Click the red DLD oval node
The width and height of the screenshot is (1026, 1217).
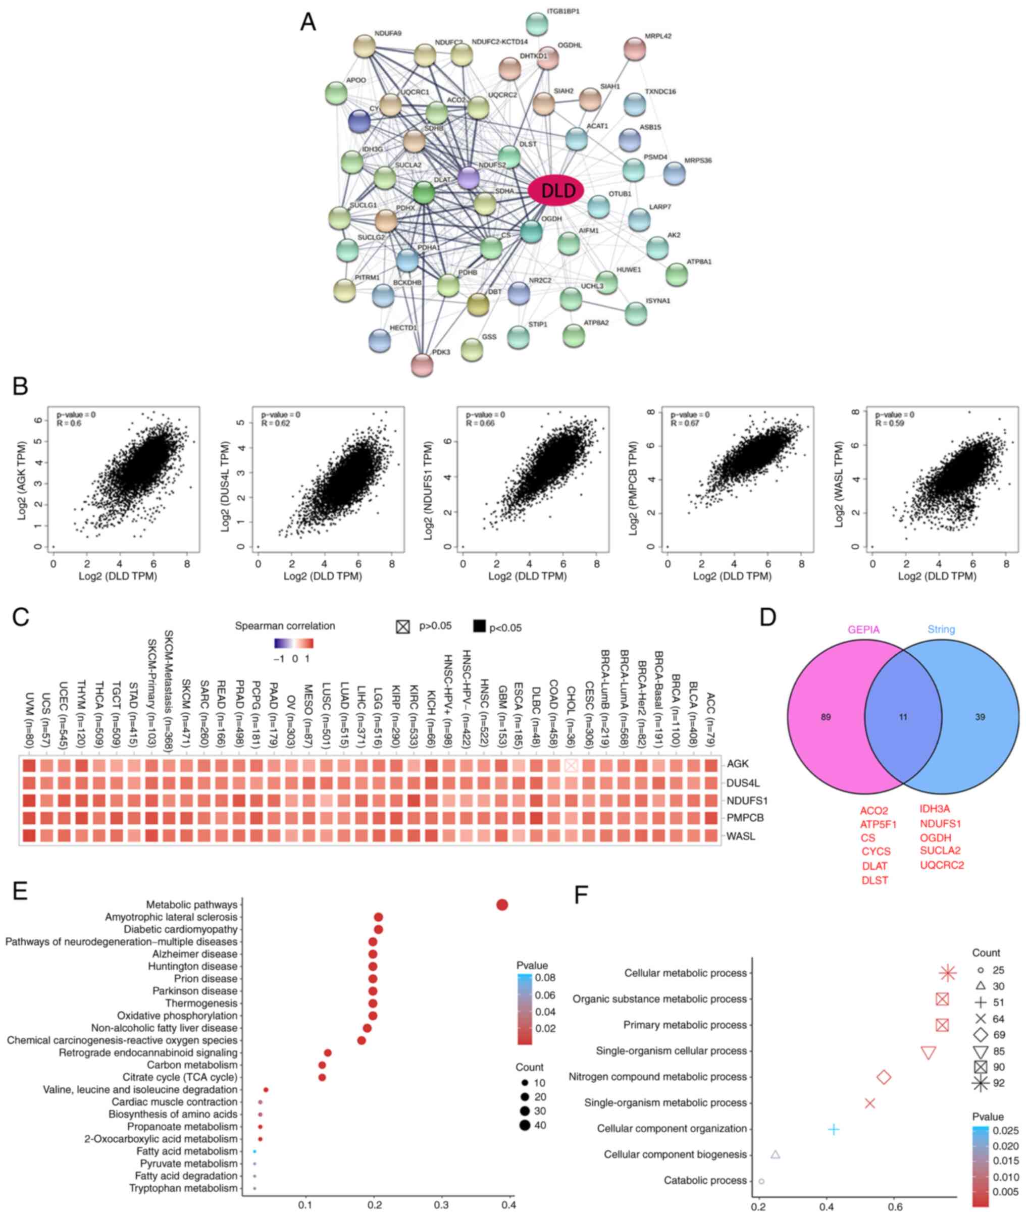tap(555, 190)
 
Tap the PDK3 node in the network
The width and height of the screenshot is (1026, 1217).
tap(422, 364)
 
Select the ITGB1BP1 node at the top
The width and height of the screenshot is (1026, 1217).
tap(537, 24)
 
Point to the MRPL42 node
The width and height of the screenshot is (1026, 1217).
tap(635, 49)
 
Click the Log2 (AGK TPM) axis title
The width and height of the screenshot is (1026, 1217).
tap(23, 480)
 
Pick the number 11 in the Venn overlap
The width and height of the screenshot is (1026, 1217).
tap(903, 717)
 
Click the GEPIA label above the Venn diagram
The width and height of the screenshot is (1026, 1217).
tap(864, 629)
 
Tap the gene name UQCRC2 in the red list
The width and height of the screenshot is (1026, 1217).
tap(942, 865)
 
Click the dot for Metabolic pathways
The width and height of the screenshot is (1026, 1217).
tap(502, 905)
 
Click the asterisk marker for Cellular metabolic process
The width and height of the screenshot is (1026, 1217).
tap(948, 973)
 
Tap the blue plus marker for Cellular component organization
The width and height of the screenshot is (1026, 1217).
tap(834, 1129)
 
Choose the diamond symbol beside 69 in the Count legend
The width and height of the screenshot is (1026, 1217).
tap(981, 1034)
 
